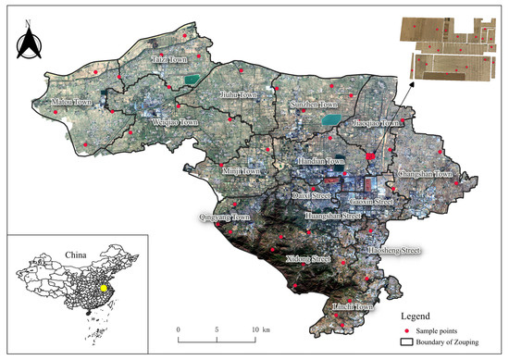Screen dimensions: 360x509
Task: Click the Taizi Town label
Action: (168, 58)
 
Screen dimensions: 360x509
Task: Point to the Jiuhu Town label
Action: (241, 93)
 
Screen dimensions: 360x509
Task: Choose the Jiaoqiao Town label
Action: (378, 123)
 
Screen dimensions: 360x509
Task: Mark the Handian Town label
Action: (319, 161)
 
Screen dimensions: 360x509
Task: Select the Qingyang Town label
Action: (225, 217)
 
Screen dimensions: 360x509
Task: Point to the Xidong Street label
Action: (307, 258)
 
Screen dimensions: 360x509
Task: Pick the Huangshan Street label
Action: (332, 216)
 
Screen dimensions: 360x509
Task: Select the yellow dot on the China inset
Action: (104, 288)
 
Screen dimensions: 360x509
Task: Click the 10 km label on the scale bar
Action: (259, 330)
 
